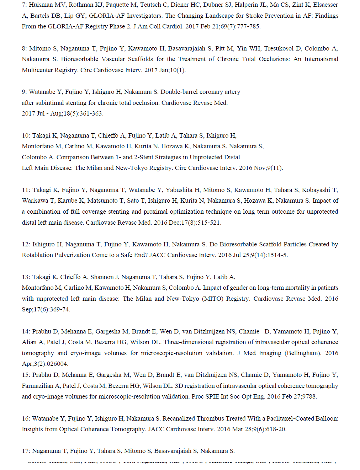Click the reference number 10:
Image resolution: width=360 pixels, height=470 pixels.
(x=26, y=135)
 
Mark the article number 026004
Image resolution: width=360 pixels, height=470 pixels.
(x=57, y=364)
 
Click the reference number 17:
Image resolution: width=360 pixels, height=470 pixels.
(x=26, y=451)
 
